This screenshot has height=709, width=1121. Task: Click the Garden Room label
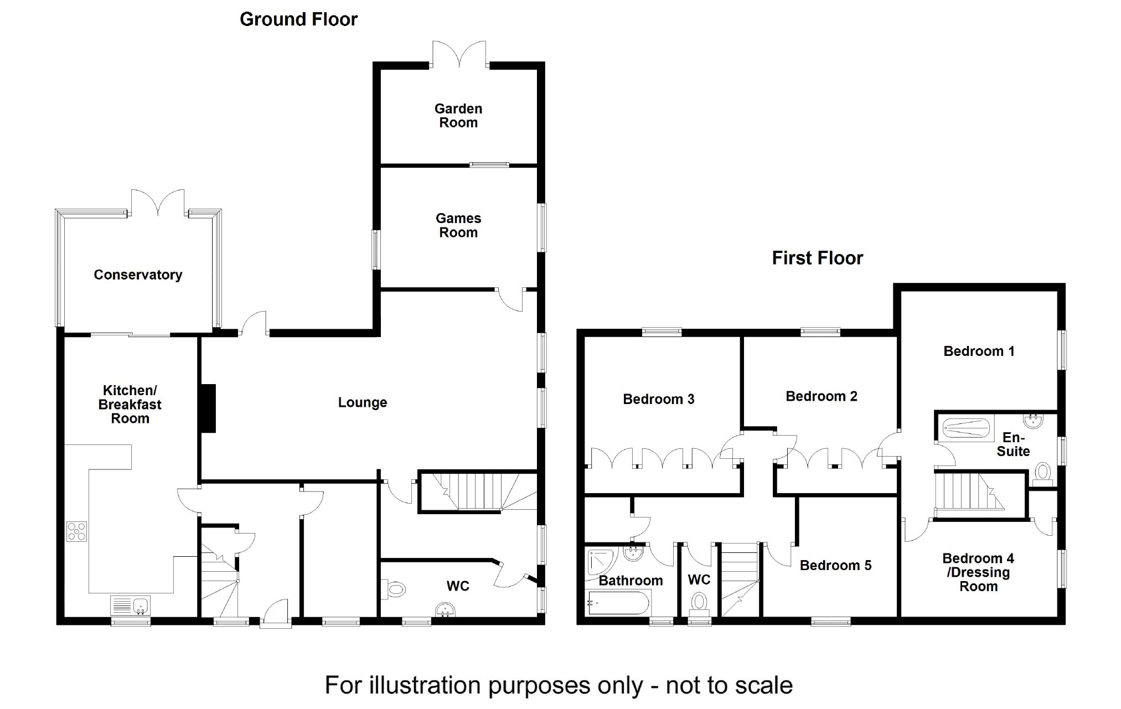(458, 116)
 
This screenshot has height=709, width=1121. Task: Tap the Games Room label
(458, 225)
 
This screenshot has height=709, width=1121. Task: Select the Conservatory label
(138, 275)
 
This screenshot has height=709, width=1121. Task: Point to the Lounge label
(363, 402)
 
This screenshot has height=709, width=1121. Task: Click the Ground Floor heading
(298, 19)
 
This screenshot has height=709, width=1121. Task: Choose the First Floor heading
(817, 258)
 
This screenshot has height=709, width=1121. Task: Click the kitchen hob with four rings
(76, 531)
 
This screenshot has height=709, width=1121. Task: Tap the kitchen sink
(131, 605)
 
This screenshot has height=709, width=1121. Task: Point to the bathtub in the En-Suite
(966, 429)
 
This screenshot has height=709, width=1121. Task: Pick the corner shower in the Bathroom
(601, 562)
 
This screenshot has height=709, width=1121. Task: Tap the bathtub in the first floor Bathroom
(619, 603)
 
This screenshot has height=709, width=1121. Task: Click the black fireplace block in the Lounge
(208, 408)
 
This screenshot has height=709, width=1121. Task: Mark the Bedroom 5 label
(835, 565)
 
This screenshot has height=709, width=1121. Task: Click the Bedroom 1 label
(979, 351)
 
